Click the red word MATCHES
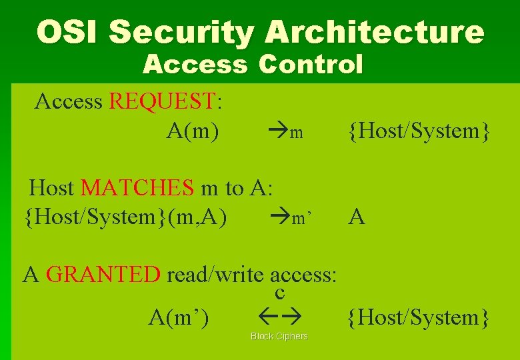point(137,188)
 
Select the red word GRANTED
point(103,274)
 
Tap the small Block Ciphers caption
point(279,336)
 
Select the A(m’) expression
point(179,318)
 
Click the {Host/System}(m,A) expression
point(125,217)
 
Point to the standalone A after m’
point(357,217)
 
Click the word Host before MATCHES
point(52,188)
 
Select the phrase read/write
point(217,274)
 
